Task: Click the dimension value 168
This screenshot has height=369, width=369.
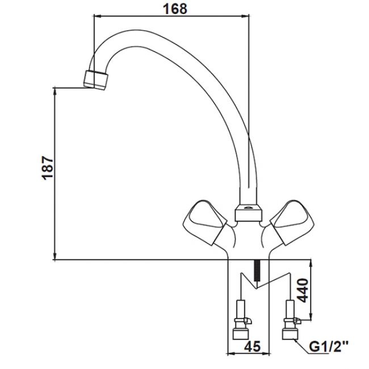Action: tap(175, 9)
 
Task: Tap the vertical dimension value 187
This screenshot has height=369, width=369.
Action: tap(48, 168)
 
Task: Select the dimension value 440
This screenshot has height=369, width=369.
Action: tap(303, 290)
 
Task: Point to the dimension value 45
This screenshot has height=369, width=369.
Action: tap(252, 346)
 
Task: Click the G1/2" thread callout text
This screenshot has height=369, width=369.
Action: tap(329, 347)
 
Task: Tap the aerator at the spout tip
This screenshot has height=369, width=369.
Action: tap(95, 80)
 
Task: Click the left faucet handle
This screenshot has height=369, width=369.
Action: tap(204, 222)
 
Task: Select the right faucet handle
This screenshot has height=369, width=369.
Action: tap(292, 222)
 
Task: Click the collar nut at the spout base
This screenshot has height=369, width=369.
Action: tap(249, 213)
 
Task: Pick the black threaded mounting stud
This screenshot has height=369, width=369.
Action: tap(258, 270)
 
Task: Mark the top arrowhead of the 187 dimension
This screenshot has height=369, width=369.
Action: tap(55, 91)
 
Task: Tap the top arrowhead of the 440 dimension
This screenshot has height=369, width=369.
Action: tap(311, 263)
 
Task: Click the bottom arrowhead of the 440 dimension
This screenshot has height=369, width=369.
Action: tap(311, 316)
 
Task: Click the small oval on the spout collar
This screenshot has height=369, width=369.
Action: tap(248, 208)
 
